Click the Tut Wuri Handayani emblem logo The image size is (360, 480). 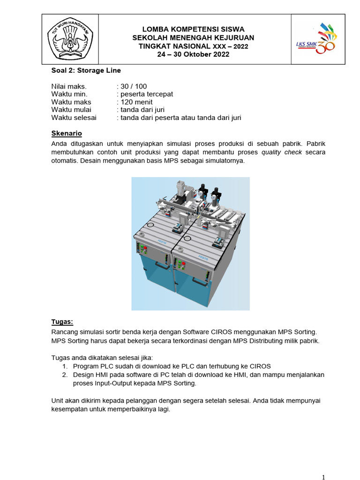[x=70, y=39]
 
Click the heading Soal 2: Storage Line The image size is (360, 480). [x=86, y=70]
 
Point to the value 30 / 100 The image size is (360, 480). [x=132, y=86]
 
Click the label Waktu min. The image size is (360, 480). [x=69, y=94]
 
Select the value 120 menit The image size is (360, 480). [x=136, y=102]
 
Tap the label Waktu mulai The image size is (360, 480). [x=71, y=110]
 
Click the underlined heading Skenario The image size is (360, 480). [x=67, y=134]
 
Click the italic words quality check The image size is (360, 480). [x=282, y=152]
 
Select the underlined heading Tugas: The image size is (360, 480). [x=62, y=322]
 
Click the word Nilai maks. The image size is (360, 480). [x=69, y=86]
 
